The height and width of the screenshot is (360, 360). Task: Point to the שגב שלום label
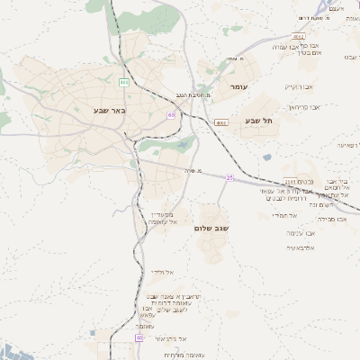pos(211,229)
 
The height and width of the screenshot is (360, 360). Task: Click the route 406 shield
pos(124,83)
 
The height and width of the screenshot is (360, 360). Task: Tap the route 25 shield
pos(229,177)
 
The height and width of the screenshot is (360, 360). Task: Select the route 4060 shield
pos(220,120)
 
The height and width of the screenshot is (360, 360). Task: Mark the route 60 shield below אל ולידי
pos(139,337)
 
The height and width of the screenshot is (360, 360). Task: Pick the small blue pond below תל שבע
pos(267,157)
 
